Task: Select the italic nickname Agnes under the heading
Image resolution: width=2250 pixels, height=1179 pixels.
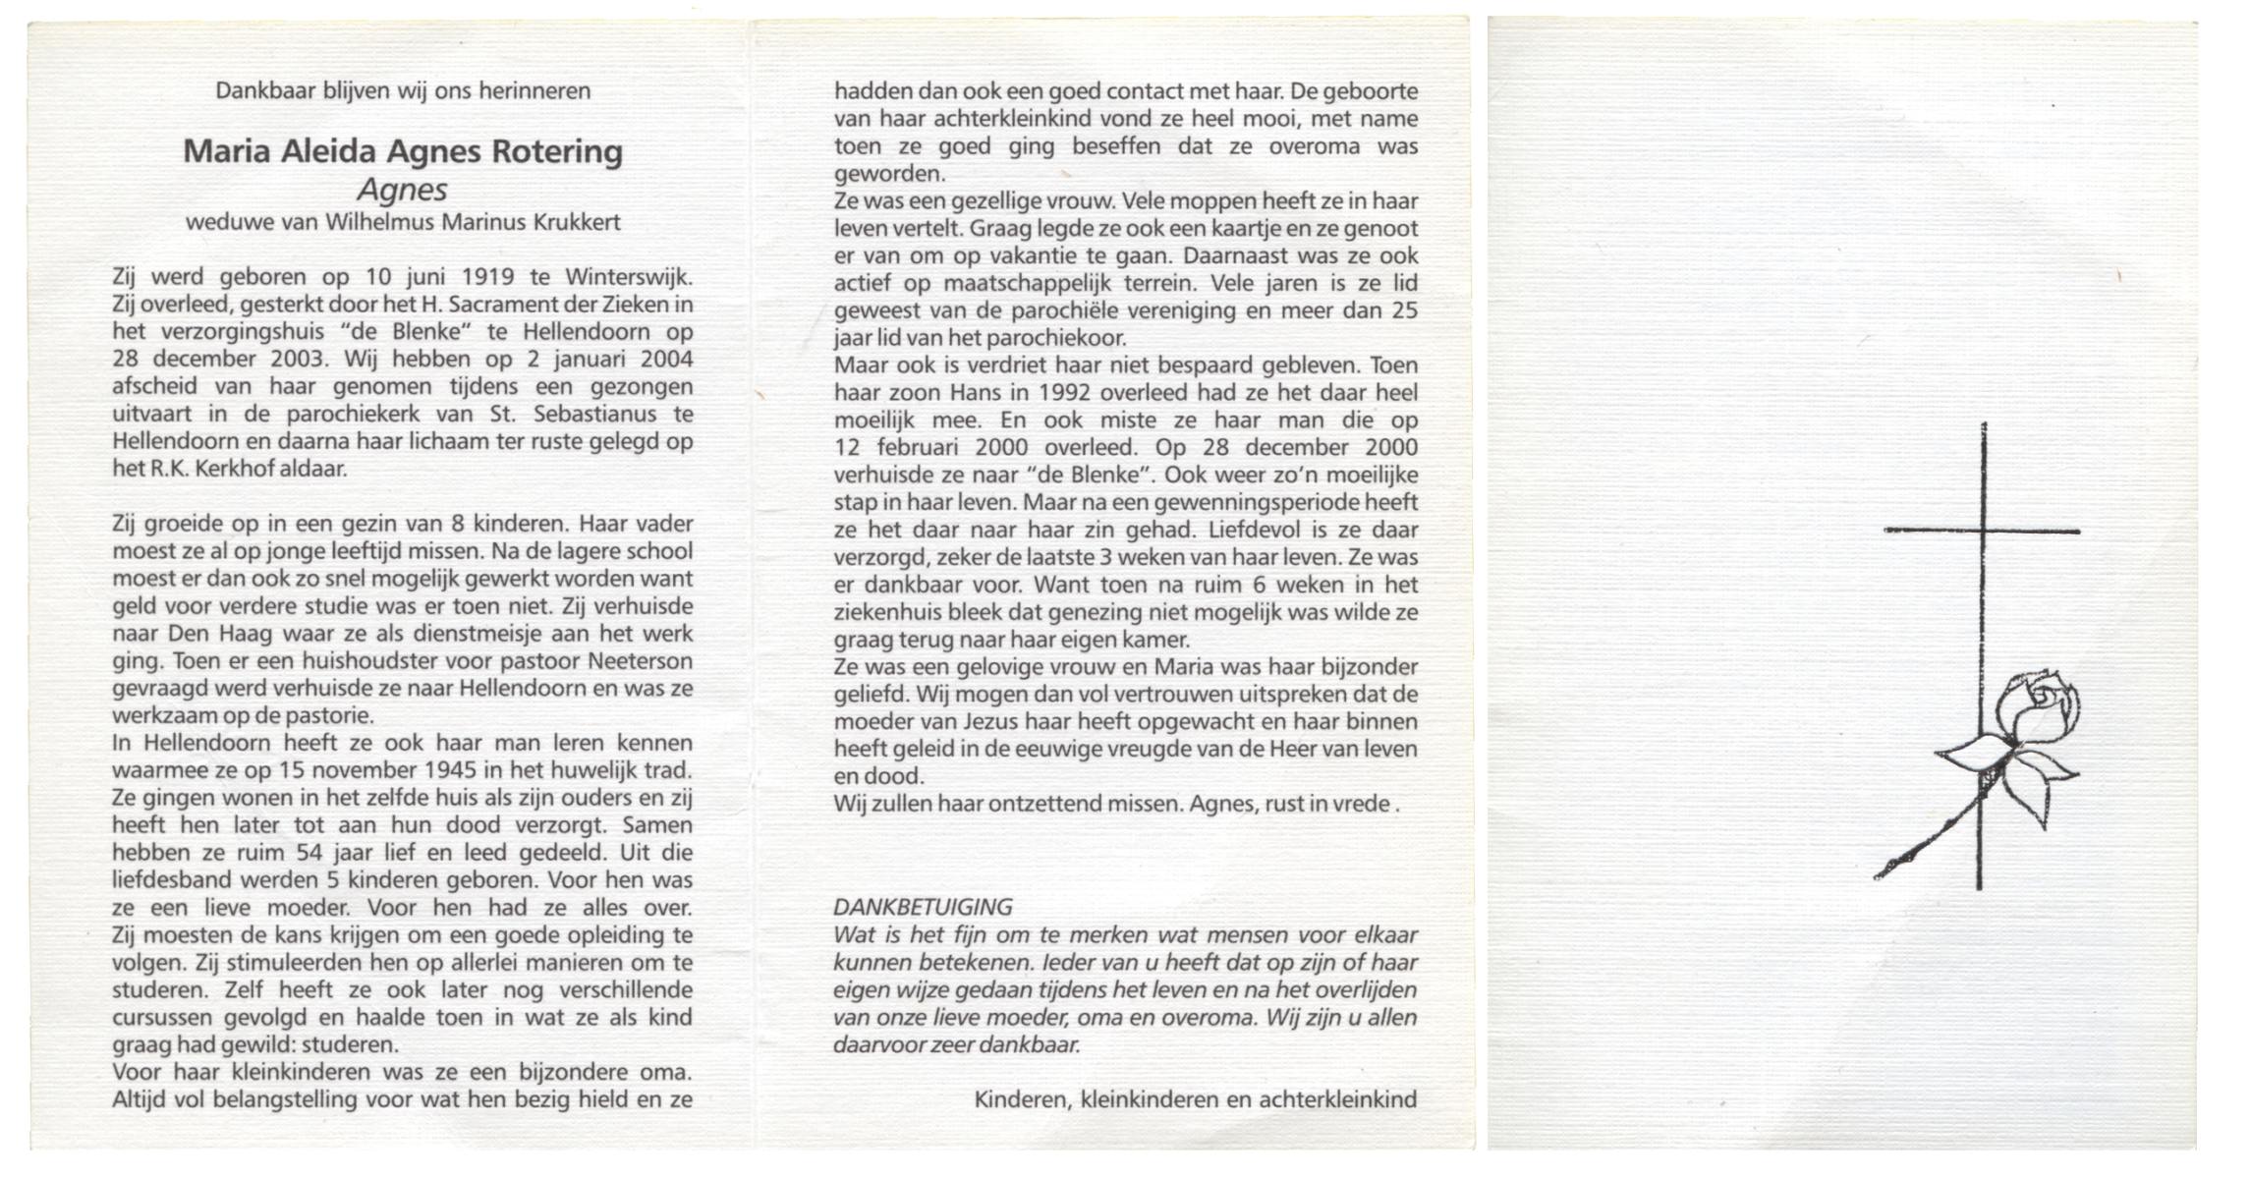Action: (x=402, y=189)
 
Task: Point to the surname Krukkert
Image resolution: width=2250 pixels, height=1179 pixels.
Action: (x=577, y=222)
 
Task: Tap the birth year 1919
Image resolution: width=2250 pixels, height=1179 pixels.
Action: (x=487, y=277)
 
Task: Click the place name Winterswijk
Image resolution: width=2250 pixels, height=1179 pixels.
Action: (x=629, y=277)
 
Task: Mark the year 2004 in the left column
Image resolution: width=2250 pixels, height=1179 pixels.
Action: (x=666, y=360)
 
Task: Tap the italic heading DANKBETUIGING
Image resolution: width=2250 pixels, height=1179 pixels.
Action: (x=923, y=908)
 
